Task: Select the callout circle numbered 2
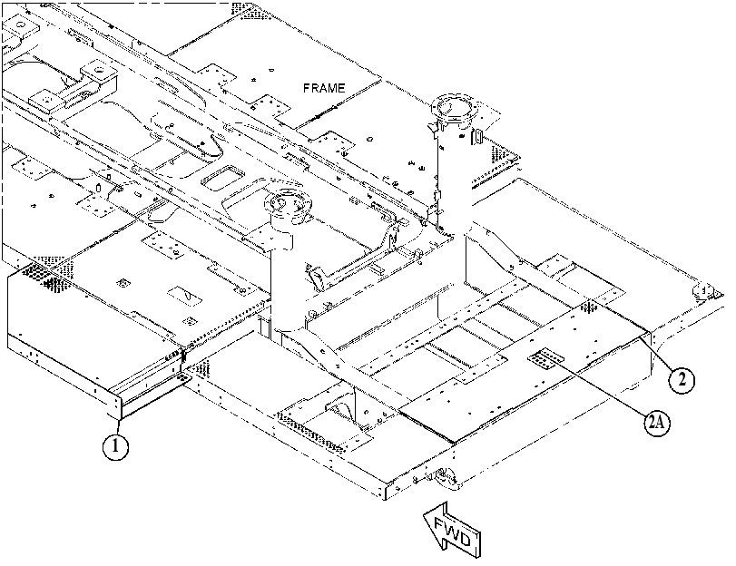tap(682, 379)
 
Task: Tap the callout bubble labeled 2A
tap(657, 423)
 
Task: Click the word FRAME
tap(324, 88)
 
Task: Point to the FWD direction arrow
tap(452, 530)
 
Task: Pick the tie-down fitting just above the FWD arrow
tap(445, 478)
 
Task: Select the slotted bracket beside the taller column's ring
tap(477, 138)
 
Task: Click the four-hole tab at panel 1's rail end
tap(183, 378)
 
